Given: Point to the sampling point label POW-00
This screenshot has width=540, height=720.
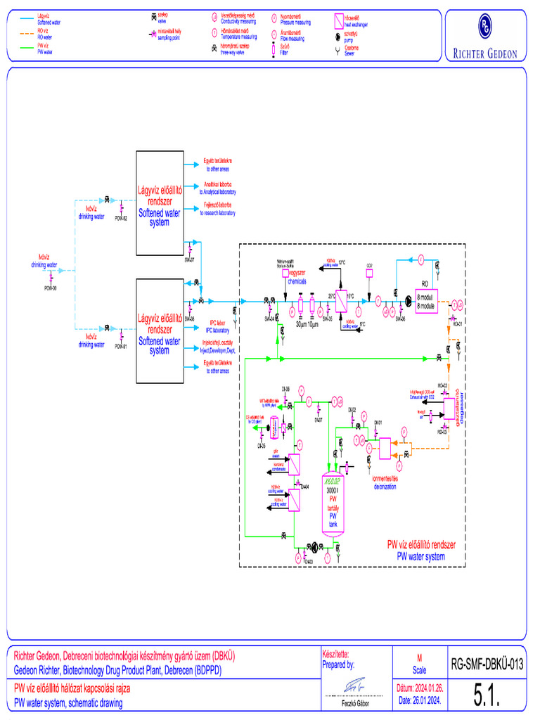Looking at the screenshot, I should (50, 288).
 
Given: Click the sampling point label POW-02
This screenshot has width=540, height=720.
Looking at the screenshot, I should (120, 219).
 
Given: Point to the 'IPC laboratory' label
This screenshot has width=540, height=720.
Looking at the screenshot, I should (217, 330).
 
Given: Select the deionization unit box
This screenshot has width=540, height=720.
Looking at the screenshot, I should (385, 448).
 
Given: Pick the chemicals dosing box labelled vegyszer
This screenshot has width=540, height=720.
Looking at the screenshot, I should (285, 273).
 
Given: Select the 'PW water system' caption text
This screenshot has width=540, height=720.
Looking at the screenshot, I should (421, 556).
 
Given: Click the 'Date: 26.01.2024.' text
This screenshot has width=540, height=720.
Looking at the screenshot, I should (419, 701).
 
